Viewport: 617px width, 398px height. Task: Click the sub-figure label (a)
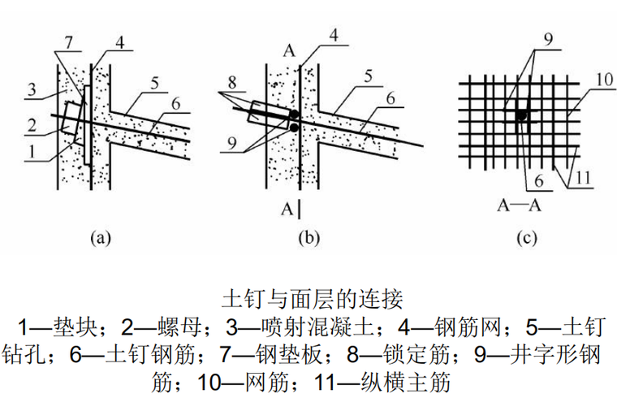coord(98,238)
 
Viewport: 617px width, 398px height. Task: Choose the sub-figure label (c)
coord(524,238)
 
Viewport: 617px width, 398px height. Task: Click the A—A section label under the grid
coord(518,204)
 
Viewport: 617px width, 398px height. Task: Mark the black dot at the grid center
coord(522,116)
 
